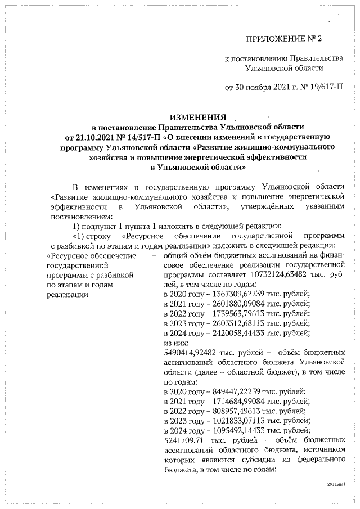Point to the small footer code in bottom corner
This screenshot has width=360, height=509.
coord(335,483)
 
